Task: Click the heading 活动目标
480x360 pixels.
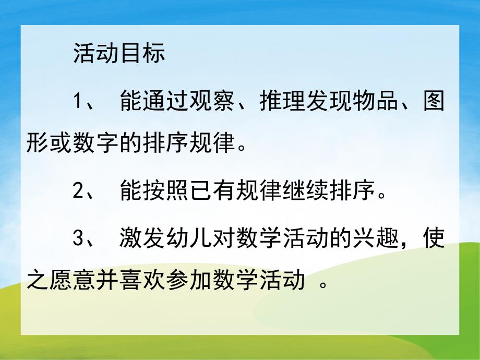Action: coord(119,54)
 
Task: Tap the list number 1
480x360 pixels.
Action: coord(78,101)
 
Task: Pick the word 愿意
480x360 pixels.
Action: coord(73,283)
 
